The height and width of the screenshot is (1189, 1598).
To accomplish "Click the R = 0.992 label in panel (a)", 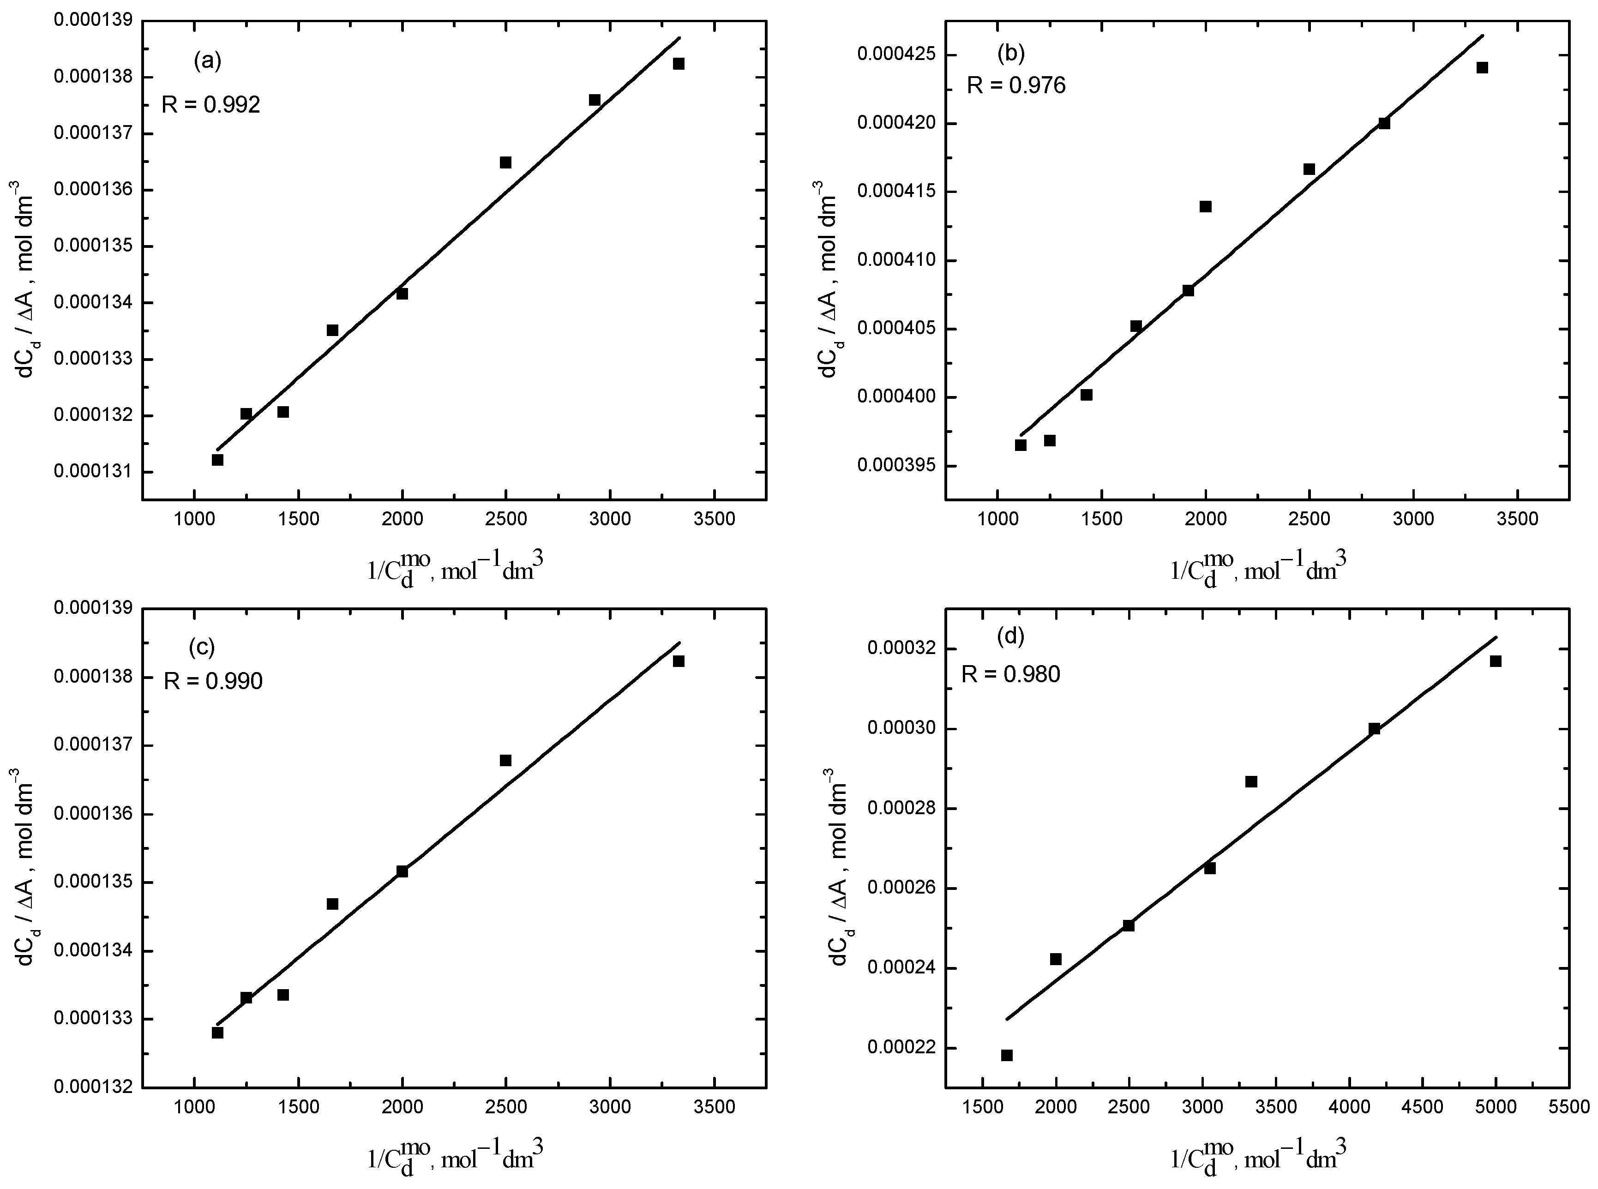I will pos(210,105).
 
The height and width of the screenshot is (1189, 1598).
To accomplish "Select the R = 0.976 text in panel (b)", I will pos(1015,86).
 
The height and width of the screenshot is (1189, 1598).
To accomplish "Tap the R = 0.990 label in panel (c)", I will pos(213,680).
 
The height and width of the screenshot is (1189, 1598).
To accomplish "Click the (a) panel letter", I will pos(207,62).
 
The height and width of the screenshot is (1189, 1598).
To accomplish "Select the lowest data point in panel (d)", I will pos(1007,1055).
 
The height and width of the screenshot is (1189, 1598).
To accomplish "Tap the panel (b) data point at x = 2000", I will pos(1206,207).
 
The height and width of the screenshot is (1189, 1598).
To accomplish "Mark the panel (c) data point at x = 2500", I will pos(505,761).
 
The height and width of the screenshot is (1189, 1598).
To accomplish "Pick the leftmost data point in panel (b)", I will pos(1021,445).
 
